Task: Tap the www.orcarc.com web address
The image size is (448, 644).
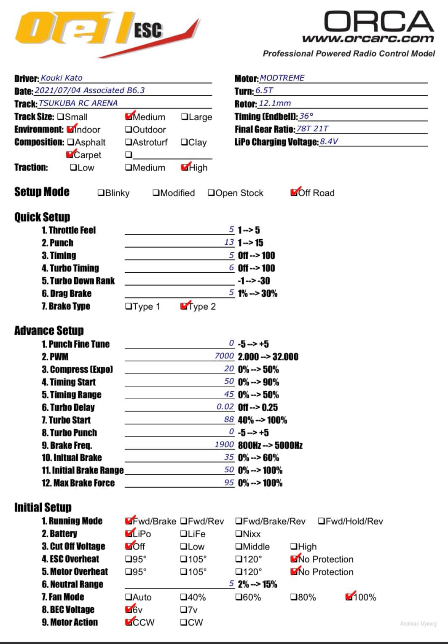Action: pyautogui.click(x=368, y=39)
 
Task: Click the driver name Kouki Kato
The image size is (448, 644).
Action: pyautogui.click(x=62, y=78)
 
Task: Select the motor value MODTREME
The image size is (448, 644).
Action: pyautogui.click(x=282, y=78)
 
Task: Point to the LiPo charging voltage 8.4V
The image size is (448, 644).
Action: pyautogui.click(x=329, y=141)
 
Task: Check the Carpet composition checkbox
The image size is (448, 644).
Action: pyautogui.click(x=70, y=155)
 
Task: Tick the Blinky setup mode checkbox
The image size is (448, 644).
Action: pyautogui.click(x=101, y=193)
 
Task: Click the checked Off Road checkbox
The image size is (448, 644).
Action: pyautogui.click(x=294, y=192)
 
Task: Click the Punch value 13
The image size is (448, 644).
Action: pyautogui.click(x=229, y=242)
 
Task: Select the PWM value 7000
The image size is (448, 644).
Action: pyautogui.click(x=224, y=356)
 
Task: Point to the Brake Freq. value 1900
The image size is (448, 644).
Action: pyautogui.click(x=224, y=445)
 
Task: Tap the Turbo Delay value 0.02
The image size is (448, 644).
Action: pyautogui.click(x=225, y=407)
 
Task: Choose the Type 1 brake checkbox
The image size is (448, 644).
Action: pyautogui.click(x=129, y=306)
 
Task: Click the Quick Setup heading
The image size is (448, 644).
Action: pyautogui.click(x=42, y=217)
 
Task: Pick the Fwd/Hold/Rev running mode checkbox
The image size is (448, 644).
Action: pyautogui.click(x=322, y=521)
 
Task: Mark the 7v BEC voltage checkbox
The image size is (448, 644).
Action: pyautogui.click(x=184, y=610)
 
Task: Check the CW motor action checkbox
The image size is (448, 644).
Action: pyautogui.click(x=184, y=622)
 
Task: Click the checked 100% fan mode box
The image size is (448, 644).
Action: pyautogui.click(x=349, y=597)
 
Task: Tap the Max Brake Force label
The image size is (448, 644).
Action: pyautogui.click(x=78, y=483)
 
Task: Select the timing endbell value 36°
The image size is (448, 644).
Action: pyautogui.click(x=306, y=116)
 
